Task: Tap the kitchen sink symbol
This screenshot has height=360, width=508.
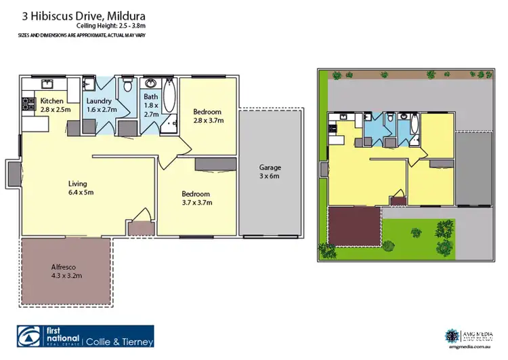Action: click(x=47, y=84)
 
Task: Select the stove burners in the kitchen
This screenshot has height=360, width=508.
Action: click(x=28, y=104)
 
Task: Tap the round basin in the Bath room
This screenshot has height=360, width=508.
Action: click(x=150, y=85)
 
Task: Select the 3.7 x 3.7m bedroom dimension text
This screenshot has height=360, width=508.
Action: click(x=198, y=202)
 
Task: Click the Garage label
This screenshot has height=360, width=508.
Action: click(x=270, y=167)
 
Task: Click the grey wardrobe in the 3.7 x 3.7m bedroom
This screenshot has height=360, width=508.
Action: click(x=215, y=164)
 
